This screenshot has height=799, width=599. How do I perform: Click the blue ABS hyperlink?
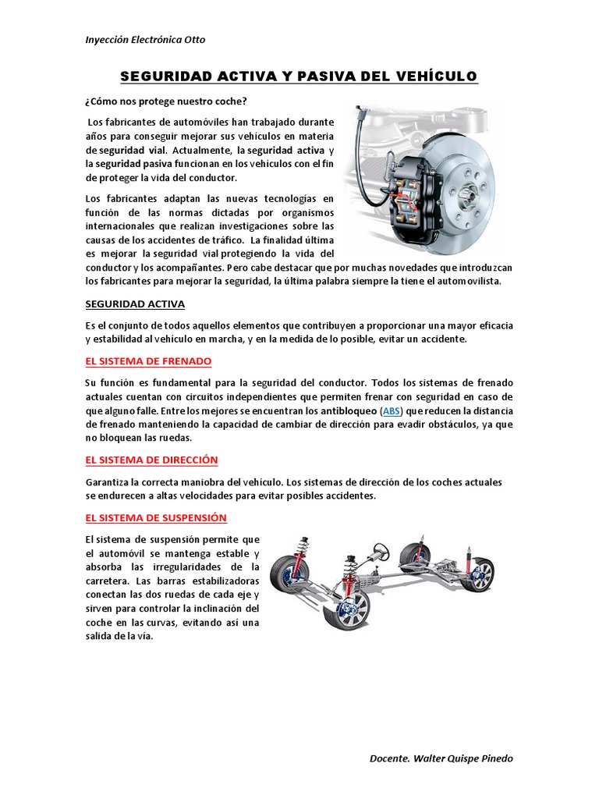pyautogui.click(x=389, y=410)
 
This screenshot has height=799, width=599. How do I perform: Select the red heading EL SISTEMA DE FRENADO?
pyautogui.click(x=148, y=361)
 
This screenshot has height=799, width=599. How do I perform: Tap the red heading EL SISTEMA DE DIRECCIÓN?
pyautogui.click(x=151, y=460)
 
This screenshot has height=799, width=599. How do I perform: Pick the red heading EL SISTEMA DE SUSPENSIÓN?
pyautogui.click(x=156, y=517)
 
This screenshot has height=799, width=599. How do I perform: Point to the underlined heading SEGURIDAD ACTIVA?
pyautogui.click(x=135, y=304)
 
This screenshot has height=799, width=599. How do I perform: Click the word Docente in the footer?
pyautogui.click(x=388, y=758)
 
